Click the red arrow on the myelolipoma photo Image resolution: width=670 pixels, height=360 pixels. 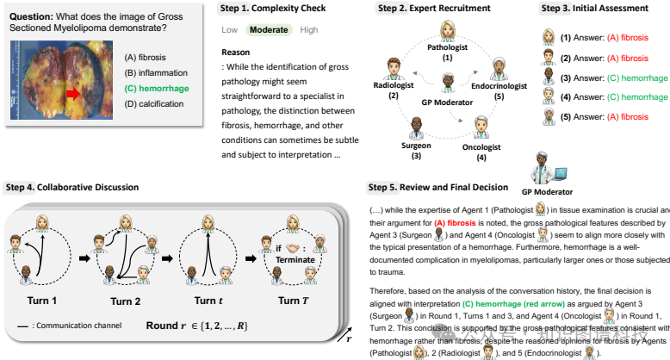[74, 93]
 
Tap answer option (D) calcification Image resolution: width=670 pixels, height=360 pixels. [157, 104]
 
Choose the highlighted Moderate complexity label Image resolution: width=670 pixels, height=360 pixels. [269, 29]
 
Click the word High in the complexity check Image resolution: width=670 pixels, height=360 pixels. [308, 29]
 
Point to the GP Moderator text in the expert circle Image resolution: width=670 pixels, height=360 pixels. [447, 102]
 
